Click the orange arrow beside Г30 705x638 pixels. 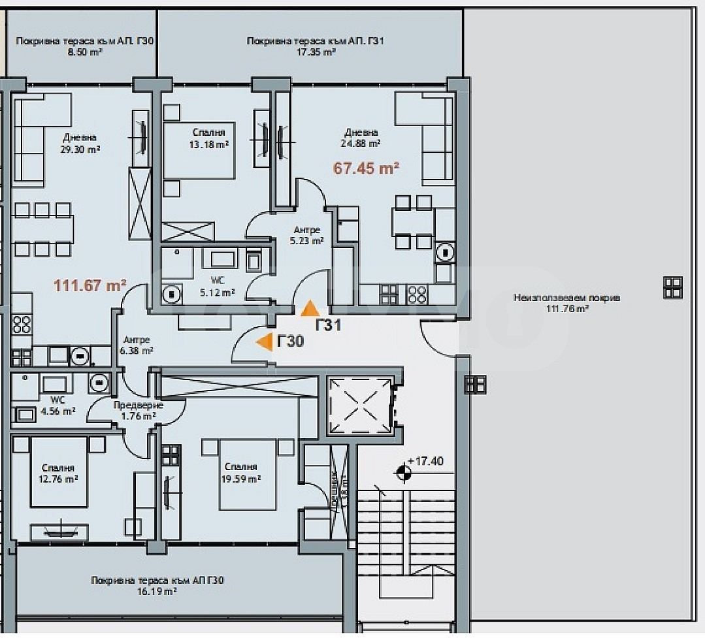[264, 342]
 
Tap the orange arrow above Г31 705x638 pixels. [310, 308]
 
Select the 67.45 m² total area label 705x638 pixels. [367, 168]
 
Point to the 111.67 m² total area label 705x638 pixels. [90, 285]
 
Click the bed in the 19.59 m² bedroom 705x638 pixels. [247, 474]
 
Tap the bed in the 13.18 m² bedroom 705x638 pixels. [199, 150]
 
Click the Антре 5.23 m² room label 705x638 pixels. [307, 235]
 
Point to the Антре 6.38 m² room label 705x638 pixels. [137, 345]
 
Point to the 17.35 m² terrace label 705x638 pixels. [315, 46]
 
